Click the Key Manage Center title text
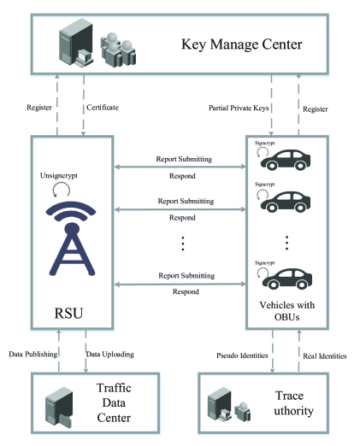(242, 44)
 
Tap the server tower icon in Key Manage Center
(76, 42)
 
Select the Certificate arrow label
(103, 108)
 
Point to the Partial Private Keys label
(239, 109)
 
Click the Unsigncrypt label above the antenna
(59, 176)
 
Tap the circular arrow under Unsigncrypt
(62, 190)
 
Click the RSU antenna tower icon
(71, 238)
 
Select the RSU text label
(68, 313)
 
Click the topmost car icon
(286, 160)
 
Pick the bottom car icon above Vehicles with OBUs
(287, 279)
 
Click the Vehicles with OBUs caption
(287, 311)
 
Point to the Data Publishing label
(33, 355)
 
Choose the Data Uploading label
(110, 355)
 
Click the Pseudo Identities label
(242, 355)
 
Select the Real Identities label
(325, 356)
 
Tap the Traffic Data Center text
(114, 402)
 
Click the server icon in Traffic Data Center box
(59, 408)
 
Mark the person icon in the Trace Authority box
(243, 412)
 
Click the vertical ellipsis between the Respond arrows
(183, 244)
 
